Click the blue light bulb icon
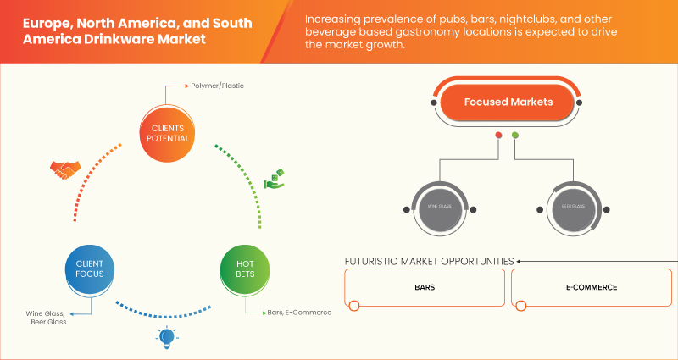166,338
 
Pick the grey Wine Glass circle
437,207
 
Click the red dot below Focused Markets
498,136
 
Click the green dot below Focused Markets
515,136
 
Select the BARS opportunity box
425,288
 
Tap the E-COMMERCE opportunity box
592,288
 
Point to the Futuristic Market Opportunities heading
429,261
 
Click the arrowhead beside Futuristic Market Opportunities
520,261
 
